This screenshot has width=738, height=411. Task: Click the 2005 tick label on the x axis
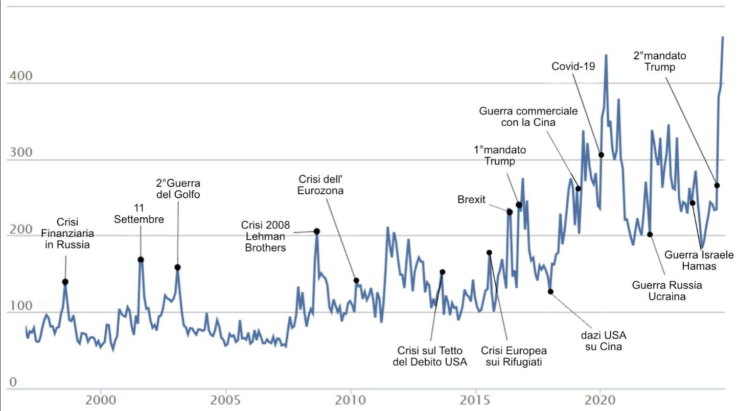[225, 398]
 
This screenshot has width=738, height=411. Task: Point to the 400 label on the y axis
[21, 77]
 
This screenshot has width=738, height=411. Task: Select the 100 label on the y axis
[21, 306]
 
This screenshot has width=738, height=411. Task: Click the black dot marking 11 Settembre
[141, 260]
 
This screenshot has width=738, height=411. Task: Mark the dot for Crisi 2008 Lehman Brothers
[317, 232]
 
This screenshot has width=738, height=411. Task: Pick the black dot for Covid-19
[601, 155]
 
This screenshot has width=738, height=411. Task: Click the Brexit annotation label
[471, 200]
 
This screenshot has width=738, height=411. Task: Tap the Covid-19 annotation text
[573, 66]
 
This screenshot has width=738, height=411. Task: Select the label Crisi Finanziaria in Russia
[73, 234]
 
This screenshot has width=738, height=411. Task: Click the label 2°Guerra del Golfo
[178, 189]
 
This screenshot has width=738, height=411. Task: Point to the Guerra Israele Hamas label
[699, 260]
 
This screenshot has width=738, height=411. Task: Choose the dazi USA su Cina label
[604, 341]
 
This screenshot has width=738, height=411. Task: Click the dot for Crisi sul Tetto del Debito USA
[443, 272]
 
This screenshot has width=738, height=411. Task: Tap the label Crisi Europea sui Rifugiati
[514, 356]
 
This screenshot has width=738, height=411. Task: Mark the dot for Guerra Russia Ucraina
[650, 235]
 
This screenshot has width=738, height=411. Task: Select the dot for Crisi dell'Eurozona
[356, 281]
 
